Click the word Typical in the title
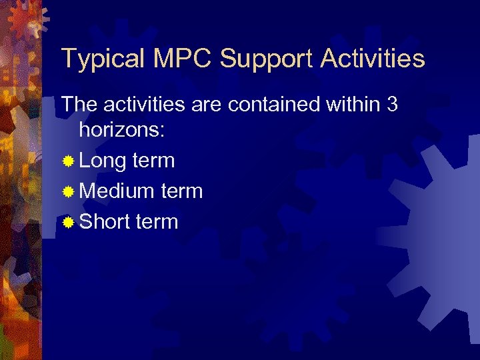coord(101,59)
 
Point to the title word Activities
coord(373,58)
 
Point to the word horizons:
coord(122,130)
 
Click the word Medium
coord(117,191)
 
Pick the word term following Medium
coord(181,191)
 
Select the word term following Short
coord(157,222)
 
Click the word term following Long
coord(153,161)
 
